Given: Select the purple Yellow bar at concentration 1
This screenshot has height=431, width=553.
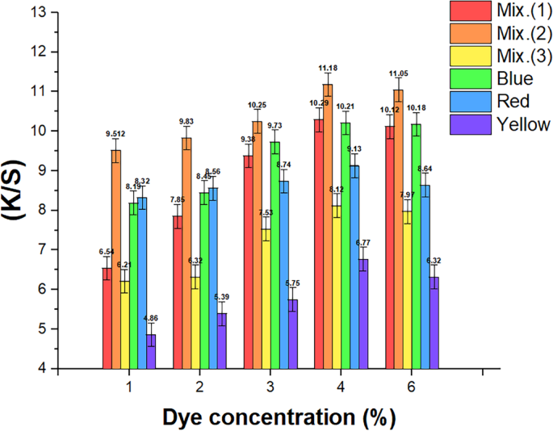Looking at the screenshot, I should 151,351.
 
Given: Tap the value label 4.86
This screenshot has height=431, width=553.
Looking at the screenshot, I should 151,319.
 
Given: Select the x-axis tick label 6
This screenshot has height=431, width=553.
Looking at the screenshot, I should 411,388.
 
